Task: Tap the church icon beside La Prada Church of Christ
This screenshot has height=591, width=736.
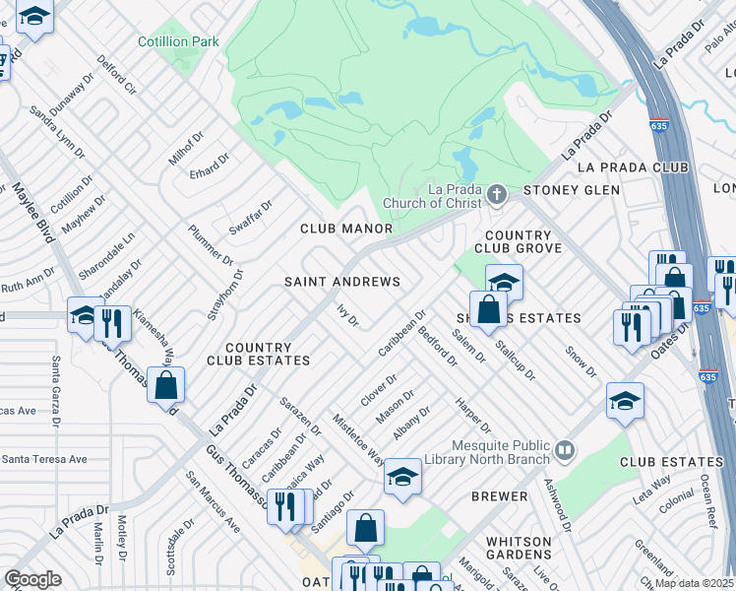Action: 496,195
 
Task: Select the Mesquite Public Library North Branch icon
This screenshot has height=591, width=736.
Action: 564,451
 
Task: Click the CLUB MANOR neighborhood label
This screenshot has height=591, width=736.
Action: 346,229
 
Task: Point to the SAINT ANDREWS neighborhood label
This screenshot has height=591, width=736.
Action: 342,282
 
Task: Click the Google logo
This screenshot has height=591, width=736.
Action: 32,578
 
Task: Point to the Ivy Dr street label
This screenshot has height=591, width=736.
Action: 346,315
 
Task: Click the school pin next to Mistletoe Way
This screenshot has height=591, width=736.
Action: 401,477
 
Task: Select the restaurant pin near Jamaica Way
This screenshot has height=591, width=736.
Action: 286,504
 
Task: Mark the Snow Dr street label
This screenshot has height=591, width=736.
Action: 581,361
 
